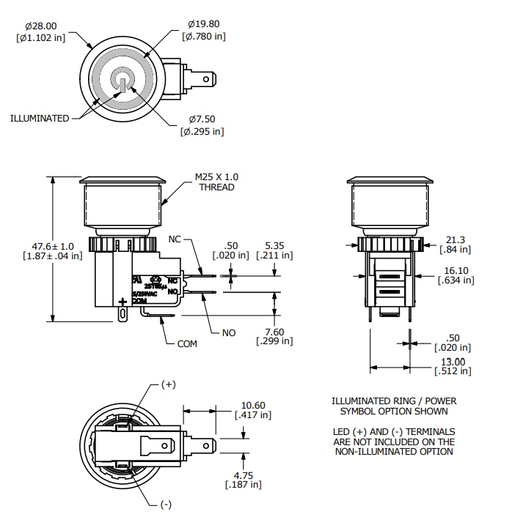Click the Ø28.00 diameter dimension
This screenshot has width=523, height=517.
point(41,26)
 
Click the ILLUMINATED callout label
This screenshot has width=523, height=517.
point(40,119)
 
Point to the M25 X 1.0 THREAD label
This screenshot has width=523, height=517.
point(216,182)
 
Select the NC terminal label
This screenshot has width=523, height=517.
point(175,239)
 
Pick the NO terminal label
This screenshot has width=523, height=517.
point(229,332)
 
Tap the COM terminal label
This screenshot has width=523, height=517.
point(187,343)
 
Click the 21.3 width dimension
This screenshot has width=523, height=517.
point(456,239)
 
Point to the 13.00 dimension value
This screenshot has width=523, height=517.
point(453,361)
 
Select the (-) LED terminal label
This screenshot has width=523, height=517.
point(167,505)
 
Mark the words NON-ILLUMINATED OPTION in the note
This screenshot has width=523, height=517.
point(394,452)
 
